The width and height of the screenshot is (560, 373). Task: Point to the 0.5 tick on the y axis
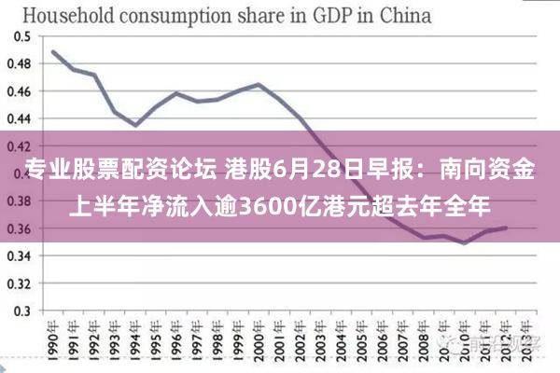click(x=21, y=36)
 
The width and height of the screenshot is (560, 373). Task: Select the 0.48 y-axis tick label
click(x=18, y=64)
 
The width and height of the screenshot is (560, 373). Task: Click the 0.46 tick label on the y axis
click(x=18, y=91)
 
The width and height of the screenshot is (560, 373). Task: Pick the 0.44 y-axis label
click(x=18, y=118)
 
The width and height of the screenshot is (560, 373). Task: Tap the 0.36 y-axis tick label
click(x=18, y=228)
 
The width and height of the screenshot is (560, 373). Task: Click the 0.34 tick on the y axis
click(x=18, y=256)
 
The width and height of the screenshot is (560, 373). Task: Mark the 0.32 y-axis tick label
click(x=18, y=283)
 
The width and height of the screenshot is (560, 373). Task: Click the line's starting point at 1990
click(x=53, y=51)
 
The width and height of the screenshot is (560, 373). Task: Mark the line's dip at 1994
click(x=135, y=125)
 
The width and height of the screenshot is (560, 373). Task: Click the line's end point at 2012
click(x=506, y=228)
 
